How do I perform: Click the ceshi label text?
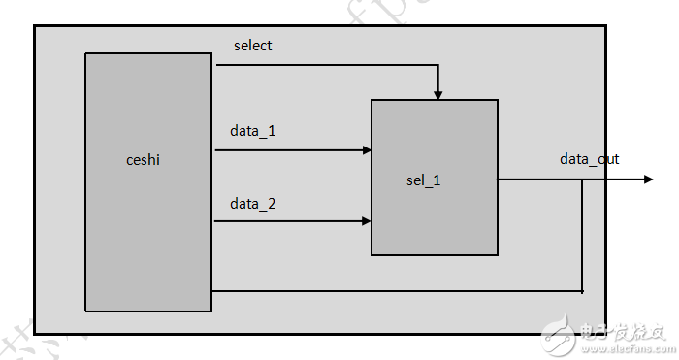coord(144,160)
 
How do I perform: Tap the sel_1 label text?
coord(424,180)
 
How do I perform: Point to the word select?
coord(253,46)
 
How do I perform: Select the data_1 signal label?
coord(253,130)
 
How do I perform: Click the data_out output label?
coord(589,159)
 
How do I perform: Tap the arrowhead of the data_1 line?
coord(367,150)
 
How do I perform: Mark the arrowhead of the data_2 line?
coord(367,221)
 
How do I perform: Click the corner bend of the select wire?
coord(438,66)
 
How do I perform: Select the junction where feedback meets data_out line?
coord(582,180)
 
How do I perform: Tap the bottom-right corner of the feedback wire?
coord(582,290)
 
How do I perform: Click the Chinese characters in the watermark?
coord(621,332)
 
